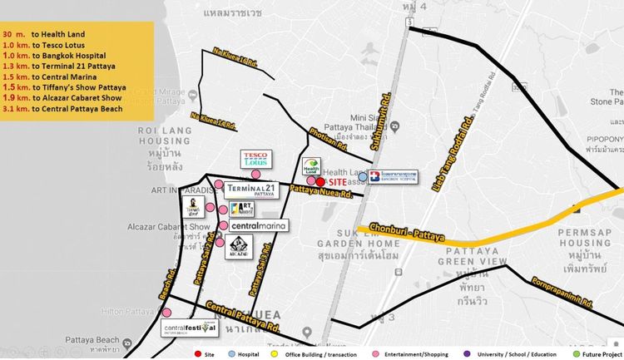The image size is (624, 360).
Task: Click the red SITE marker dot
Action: tap(320, 182)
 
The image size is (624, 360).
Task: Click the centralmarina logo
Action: tap(259, 225)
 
